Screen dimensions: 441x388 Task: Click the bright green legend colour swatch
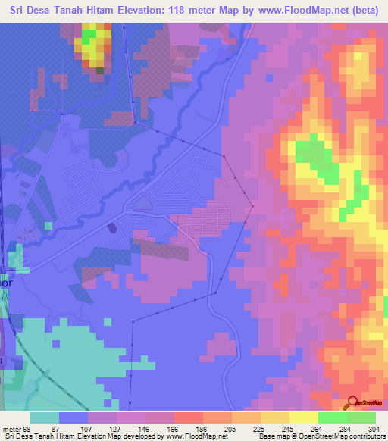[332, 418]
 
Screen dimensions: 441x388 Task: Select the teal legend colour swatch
[45, 418]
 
